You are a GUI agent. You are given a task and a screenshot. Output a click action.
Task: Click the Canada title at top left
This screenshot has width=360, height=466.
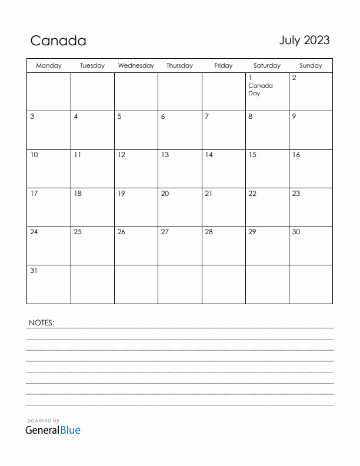(58, 41)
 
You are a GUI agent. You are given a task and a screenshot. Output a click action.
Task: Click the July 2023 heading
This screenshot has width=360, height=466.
(304, 40)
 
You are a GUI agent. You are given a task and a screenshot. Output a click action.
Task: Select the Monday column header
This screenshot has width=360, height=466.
(49, 66)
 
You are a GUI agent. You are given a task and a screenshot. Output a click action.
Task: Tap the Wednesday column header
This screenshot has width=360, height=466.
(136, 66)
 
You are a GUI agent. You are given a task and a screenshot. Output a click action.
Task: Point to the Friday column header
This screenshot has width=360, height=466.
(224, 66)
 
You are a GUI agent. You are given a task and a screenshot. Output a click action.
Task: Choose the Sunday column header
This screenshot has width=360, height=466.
(311, 66)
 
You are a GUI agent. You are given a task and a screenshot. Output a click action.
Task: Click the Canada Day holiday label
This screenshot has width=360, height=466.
(260, 89)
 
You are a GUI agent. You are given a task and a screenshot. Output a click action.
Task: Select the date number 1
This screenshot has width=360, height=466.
(250, 78)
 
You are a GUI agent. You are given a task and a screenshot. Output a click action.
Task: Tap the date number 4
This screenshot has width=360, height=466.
(76, 116)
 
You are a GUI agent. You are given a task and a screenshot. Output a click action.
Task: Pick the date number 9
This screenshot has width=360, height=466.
(294, 116)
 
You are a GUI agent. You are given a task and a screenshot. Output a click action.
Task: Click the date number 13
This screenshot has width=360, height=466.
(165, 155)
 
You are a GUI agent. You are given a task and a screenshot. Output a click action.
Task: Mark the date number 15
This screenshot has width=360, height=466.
(252, 155)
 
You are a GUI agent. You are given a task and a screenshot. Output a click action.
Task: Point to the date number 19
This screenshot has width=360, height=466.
(121, 194)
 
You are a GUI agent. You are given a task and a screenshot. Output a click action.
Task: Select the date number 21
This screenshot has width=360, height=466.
(208, 194)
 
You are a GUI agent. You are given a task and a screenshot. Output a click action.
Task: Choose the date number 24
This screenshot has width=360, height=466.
(34, 232)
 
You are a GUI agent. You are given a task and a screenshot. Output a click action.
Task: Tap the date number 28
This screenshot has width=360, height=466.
(209, 232)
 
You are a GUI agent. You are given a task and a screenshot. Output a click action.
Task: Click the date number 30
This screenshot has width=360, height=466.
(296, 232)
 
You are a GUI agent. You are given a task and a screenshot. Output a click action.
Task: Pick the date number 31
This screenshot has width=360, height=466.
(34, 271)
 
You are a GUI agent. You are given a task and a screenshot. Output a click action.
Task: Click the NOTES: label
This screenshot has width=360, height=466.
(41, 322)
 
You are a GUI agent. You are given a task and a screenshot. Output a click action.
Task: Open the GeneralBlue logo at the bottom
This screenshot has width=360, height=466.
(53, 430)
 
